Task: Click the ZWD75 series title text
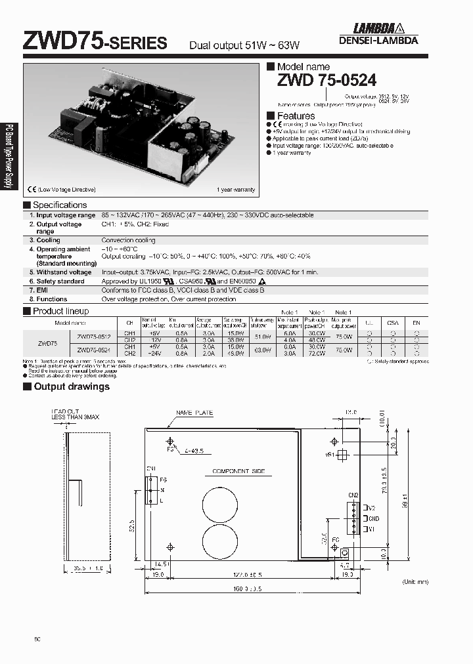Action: pos(95,43)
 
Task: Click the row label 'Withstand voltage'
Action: pos(64,272)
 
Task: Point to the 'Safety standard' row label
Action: pos(60,281)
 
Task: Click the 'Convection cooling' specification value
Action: pos(128,240)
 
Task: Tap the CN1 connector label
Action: pos(150,468)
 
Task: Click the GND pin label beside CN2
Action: pos(372,518)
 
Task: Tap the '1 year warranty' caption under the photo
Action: pos(235,190)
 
